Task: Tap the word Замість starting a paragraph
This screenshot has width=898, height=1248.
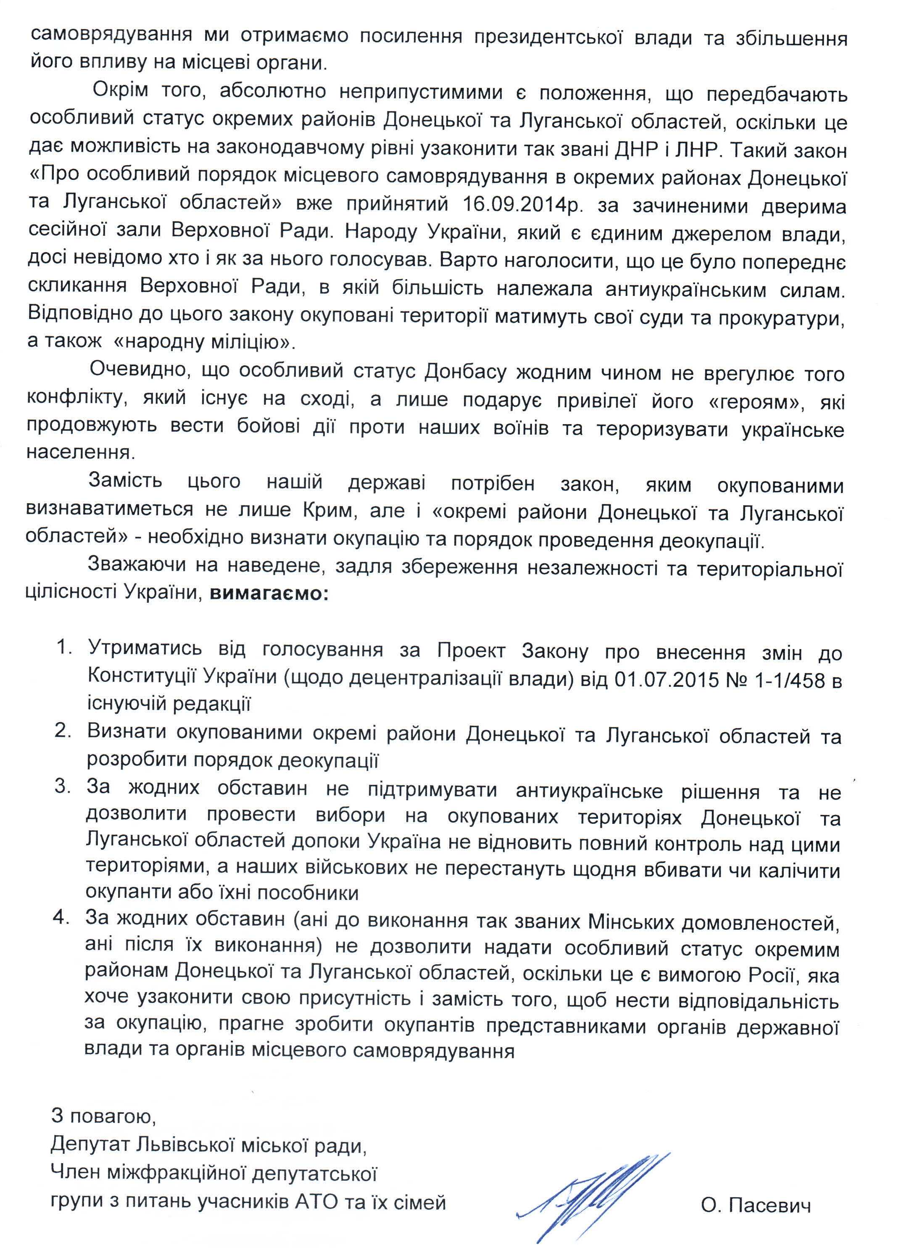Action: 126,483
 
